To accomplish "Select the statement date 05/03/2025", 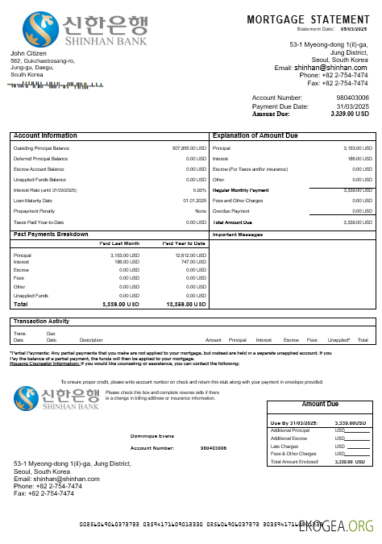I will coord(354,29).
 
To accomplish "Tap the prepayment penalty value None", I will coord(201,211).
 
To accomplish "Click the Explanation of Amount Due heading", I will coord(255,135).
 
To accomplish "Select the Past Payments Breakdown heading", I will coord(51,234).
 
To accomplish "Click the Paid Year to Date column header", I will coord(184,243).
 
